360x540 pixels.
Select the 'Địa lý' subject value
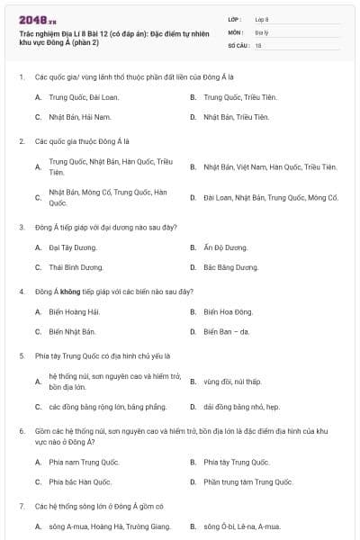tap(262, 31)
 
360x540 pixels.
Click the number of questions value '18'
tap(258, 44)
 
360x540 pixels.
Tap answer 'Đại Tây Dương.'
tap(73, 247)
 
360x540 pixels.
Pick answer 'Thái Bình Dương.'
tap(76, 267)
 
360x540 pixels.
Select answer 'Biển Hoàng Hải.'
tap(75, 312)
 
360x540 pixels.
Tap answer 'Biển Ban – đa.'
tap(228, 332)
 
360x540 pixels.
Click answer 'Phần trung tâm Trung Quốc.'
tap(248, 482)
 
